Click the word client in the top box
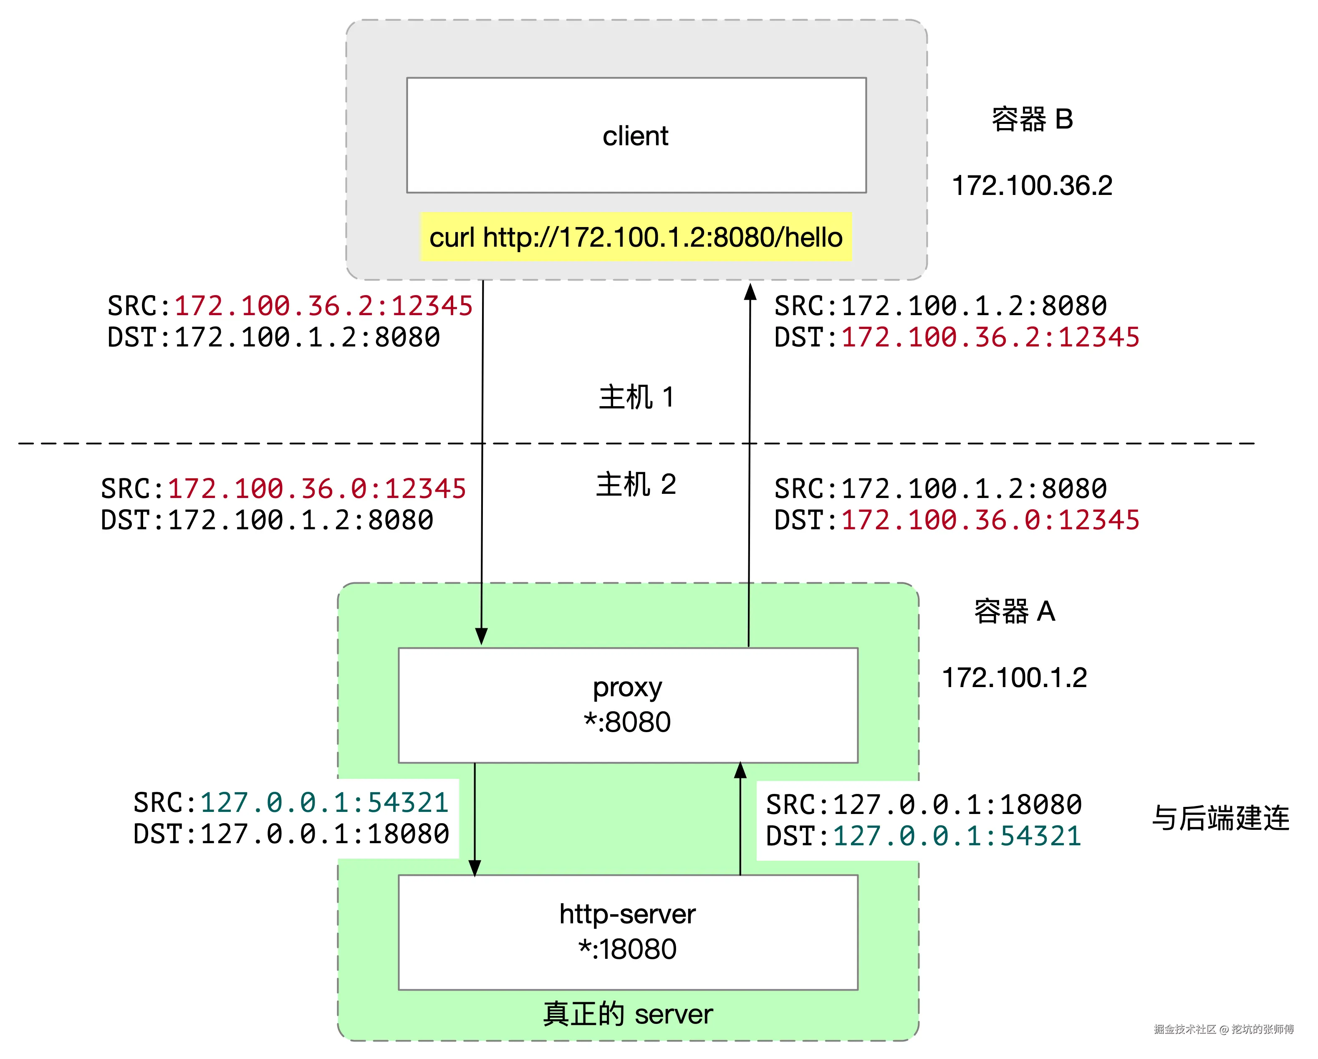[x=635, y=136]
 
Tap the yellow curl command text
[x=635, y=237]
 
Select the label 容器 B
[x=1032, y=119]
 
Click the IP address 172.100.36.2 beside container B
[x=1032, y=185]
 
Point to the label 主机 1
[x=636, y=397]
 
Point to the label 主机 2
[x=636, y=485]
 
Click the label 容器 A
[x=1014, y=612]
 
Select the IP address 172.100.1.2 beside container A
[x=1014, y=677]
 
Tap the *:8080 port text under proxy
[x=627, y=722]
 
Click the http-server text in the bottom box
[x=627, y=914]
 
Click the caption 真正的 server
[x=627, y=1014]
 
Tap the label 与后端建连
[x=1220, y=818]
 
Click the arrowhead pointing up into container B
[x=750, y=292]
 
